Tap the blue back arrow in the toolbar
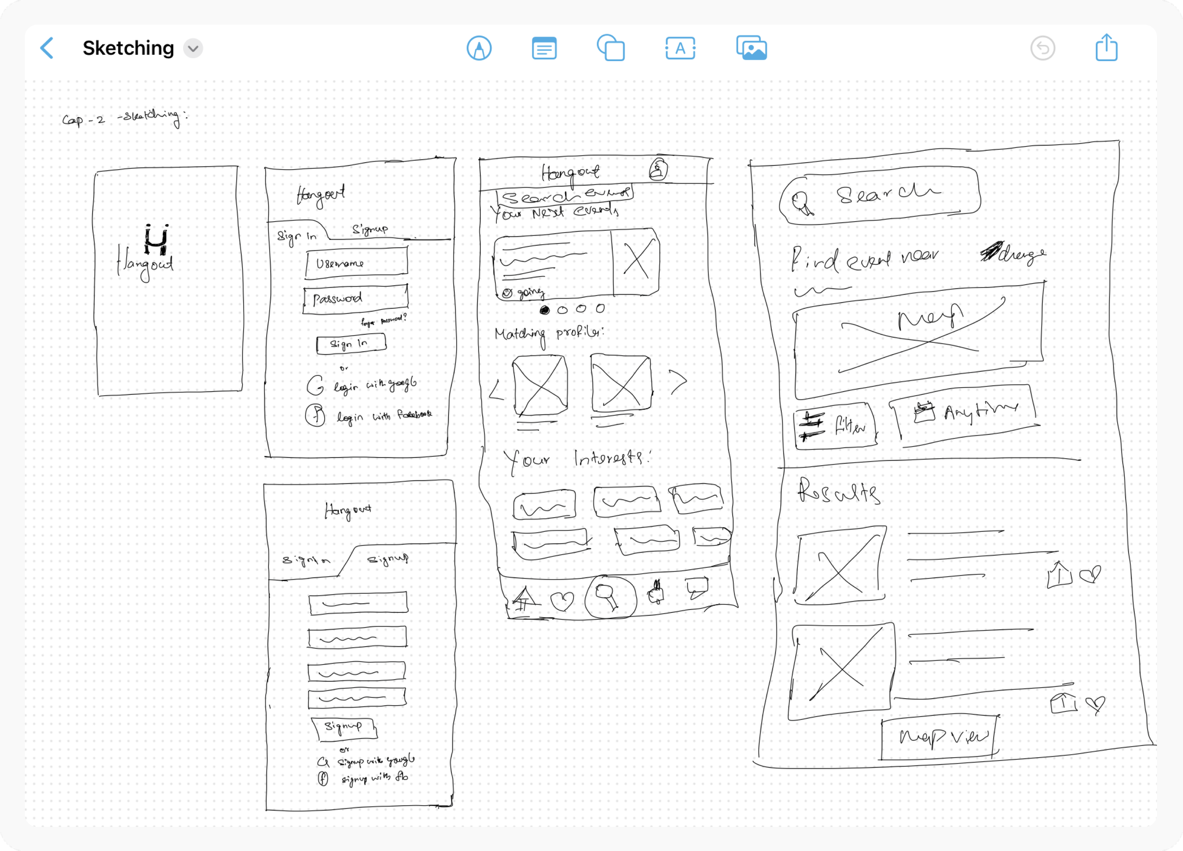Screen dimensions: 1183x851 47,49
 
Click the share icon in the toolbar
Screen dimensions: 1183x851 1106,48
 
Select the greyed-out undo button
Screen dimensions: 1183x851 1042,49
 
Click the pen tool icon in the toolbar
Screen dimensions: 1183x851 479,49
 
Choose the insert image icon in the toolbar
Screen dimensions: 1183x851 751,49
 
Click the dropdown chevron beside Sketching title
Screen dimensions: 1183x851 193,49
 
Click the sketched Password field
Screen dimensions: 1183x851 355,299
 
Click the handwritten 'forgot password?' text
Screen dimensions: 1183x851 383,320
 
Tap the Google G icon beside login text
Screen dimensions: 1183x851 315,386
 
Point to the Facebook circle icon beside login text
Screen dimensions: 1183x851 315,416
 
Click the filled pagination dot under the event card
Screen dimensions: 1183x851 545,310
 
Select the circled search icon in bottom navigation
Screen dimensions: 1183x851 610,597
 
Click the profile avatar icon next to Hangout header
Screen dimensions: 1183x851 658,169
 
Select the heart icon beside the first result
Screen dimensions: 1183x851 1090,574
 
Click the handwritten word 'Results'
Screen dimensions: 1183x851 839,493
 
